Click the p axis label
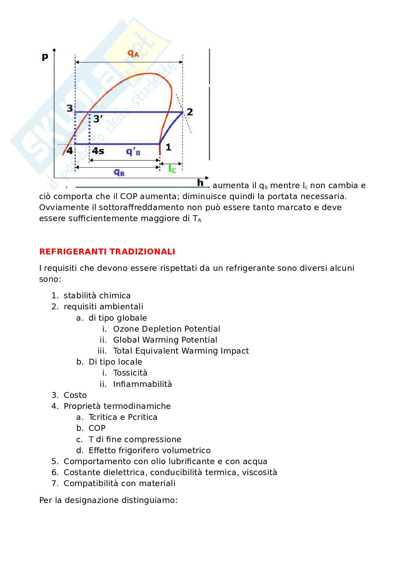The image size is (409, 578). (45, 56)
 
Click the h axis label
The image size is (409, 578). (200, 182)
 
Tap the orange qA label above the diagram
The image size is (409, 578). (133, 53)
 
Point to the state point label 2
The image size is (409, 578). (190, 112)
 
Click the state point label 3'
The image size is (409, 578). (98, 119)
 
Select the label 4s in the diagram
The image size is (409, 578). (98, 151)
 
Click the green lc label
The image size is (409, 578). (172, 169)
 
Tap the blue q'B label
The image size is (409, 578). (133, 152)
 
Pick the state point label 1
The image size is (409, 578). (168, 147)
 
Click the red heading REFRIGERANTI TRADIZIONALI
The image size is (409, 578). (107, 251)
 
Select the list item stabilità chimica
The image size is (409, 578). (97, 295)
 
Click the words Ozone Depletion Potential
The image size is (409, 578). (166, 329)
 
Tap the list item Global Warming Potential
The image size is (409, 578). (165, 340)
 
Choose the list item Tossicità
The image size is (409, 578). (130, 373)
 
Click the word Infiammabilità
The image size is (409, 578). (142, 384)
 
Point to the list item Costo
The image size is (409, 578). (75, 395)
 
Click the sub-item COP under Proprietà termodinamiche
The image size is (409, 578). (97, 428)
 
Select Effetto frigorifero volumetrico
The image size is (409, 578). (150, 450)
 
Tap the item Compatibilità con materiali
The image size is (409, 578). (119, 483)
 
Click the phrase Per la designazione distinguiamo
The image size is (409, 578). (108, 500)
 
